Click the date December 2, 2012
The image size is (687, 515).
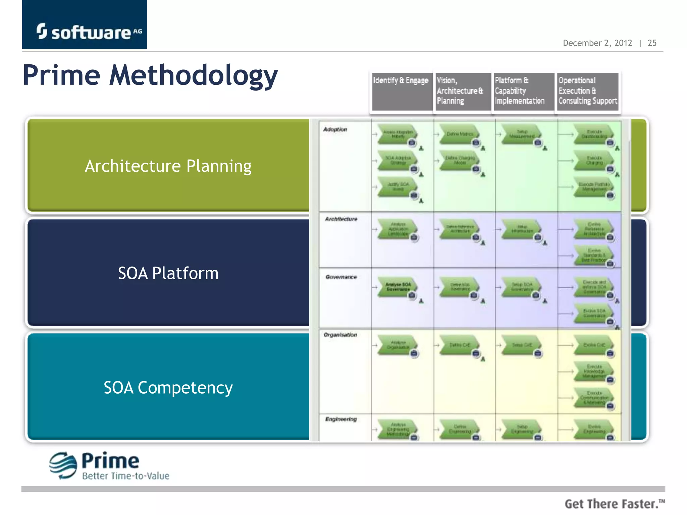(597, 43)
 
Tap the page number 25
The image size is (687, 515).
(652, 43)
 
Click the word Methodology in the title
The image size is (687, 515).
(194, 75)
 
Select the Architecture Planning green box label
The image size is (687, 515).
(168, 166)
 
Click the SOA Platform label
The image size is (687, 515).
(168, 273)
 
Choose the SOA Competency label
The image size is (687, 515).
(168, 388)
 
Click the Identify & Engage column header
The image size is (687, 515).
(401, 81)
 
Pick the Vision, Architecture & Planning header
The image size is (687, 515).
(460, 91)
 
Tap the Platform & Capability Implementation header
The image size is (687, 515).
(520, 91)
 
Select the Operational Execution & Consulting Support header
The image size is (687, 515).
(587, 91)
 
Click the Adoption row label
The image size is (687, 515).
(335, 129)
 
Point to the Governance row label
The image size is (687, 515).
(341, 277)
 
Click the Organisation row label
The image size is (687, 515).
(340, 335)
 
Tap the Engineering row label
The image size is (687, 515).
(341, 419)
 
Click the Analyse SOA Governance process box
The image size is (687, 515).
(398, 287)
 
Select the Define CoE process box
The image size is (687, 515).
(460, 345)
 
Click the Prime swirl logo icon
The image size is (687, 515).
(63, 465)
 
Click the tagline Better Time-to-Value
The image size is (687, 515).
(126, 476)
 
